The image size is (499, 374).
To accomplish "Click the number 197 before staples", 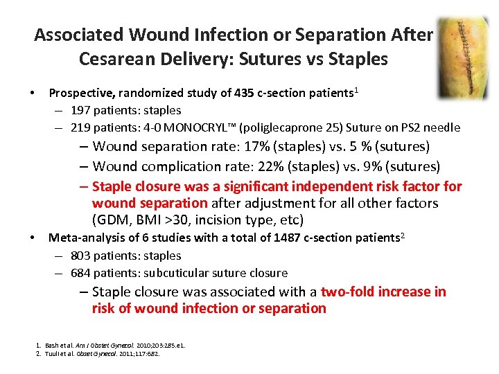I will [80, 110].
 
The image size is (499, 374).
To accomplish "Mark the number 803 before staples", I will [80, 256].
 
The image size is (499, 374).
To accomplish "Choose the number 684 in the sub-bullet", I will [80, 273].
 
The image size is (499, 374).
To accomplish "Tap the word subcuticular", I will [185, 273].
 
